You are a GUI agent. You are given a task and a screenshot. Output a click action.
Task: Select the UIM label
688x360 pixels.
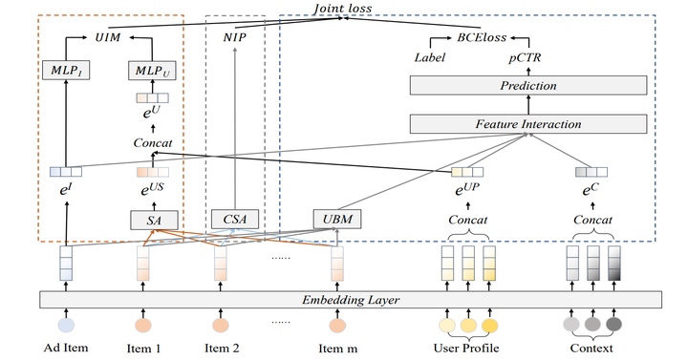[x=106, y=39]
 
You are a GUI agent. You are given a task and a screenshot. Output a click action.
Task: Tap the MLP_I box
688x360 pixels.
[x=65, y=71]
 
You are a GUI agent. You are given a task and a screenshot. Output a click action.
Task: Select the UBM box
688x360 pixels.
[x=334, y=220]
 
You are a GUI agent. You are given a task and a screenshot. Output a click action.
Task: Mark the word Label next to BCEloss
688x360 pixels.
[x=430, y=58]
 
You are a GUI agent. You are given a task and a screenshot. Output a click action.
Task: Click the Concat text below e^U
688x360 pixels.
[x=152, y=142]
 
